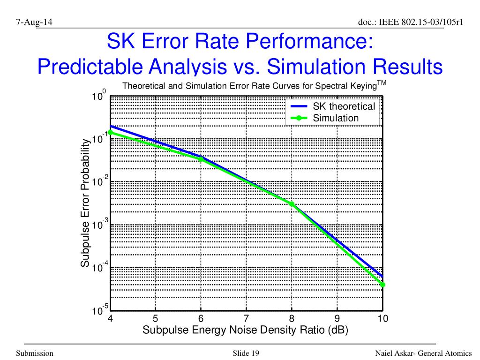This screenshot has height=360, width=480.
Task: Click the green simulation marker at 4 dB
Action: (110, 132)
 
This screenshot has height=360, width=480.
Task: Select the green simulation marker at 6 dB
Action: (201, 159)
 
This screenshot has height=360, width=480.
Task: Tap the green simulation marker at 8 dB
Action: (292, 204)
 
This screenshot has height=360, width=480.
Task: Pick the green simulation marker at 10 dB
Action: (382, 284)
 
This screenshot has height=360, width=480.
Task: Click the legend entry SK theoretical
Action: (344, 106)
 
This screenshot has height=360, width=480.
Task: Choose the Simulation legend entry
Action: (336, 118)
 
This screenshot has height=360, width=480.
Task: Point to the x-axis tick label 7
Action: (246, 319)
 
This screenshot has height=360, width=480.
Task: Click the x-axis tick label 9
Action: (337, 319)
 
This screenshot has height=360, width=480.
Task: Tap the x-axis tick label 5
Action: (155, 319)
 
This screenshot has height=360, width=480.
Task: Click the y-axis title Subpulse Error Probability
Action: (85, 203)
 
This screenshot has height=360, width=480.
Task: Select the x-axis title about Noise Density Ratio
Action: (245, 330)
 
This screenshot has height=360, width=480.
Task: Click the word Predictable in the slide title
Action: (93, 67)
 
